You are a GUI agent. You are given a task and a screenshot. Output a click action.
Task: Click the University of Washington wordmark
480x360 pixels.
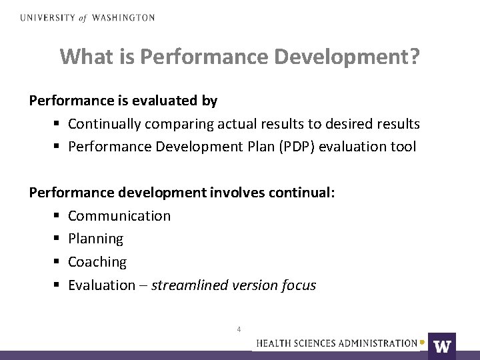tap(87, 18)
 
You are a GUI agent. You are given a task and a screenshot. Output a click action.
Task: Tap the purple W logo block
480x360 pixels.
tap(442, 345)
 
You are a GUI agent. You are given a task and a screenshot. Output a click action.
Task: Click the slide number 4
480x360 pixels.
tap(239, 329)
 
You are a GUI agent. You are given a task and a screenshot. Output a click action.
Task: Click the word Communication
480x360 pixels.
tap(119, 216)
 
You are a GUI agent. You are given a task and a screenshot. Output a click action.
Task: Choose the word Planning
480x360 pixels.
tap(95, 239)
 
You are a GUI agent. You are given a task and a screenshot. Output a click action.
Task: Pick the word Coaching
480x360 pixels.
tap(97, 262)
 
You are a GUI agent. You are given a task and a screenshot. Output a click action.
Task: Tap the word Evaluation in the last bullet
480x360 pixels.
tap(101, 285)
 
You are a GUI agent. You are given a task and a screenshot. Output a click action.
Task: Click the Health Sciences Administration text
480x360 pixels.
tap(337, 343)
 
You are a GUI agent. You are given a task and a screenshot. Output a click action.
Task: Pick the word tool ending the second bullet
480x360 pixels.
tap(404, 147)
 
